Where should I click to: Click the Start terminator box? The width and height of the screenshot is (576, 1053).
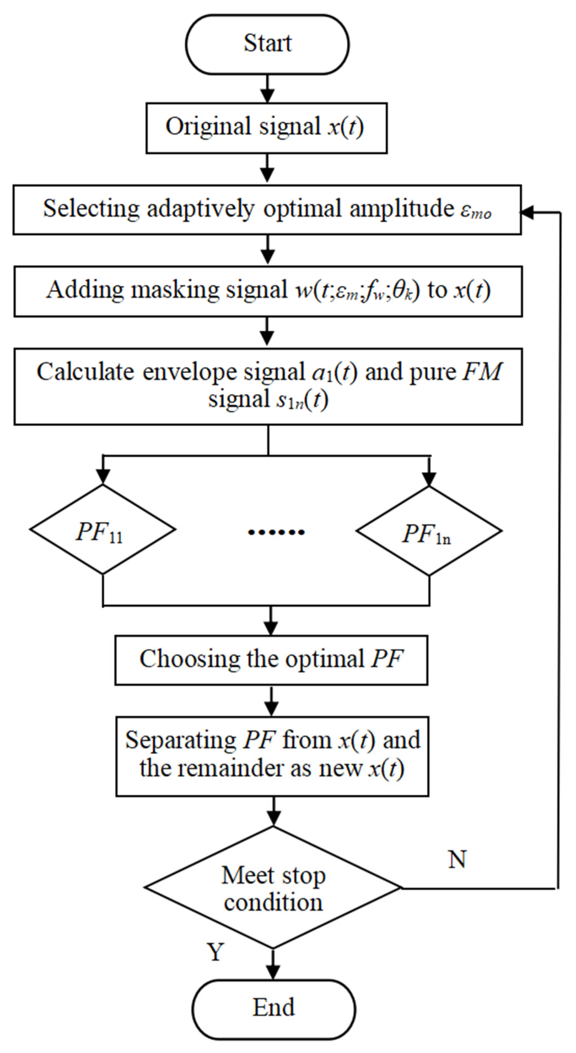coord(267,44)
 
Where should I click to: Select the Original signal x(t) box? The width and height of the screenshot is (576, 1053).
coord(266,128)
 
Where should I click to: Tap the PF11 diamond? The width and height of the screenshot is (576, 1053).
coord(102,529)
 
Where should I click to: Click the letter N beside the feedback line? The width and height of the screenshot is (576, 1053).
coord(457,858)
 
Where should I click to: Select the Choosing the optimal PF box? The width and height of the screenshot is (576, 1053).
coord(271,660)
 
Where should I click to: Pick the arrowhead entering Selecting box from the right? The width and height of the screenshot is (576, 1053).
coord(527,212)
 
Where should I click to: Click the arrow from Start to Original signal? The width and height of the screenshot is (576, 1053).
coord(267,89)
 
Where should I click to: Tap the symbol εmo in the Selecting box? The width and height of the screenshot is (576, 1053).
coord(476,211)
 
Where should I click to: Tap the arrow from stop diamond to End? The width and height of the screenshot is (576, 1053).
coord(273,965)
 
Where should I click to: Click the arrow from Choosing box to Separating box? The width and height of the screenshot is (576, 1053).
coord(271,701)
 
